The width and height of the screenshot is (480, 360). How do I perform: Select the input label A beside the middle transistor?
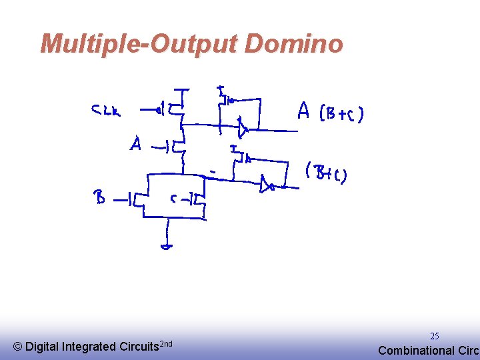click(136, 144)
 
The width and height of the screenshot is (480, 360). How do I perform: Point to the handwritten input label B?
click(99, 197)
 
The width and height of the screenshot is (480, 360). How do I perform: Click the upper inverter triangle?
click(243, 127)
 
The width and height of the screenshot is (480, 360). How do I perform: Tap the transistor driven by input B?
click(139, 199)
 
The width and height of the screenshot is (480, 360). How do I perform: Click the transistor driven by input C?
click(199, 199)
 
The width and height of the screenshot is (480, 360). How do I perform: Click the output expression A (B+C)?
click(330, 113)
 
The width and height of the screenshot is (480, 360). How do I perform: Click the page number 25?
click(434, 336)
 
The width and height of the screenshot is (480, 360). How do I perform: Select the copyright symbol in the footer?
click(17, 347)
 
